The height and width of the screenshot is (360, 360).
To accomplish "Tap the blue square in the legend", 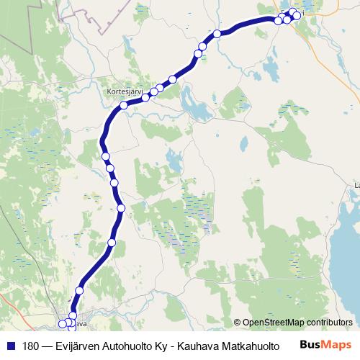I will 10,345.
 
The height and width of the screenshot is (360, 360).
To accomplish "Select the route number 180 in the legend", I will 31,345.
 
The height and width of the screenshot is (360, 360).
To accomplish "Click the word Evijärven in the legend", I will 78,345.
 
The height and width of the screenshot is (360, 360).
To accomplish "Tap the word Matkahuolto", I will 253,345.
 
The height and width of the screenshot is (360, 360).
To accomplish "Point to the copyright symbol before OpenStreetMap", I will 237,323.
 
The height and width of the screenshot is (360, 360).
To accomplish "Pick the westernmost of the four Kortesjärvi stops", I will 124,105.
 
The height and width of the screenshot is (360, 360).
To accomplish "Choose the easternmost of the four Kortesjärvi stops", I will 172,79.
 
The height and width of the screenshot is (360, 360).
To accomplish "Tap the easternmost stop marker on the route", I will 297,16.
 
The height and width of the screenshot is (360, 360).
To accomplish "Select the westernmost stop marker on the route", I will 63,323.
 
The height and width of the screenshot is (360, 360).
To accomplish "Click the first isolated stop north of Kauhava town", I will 79,290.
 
